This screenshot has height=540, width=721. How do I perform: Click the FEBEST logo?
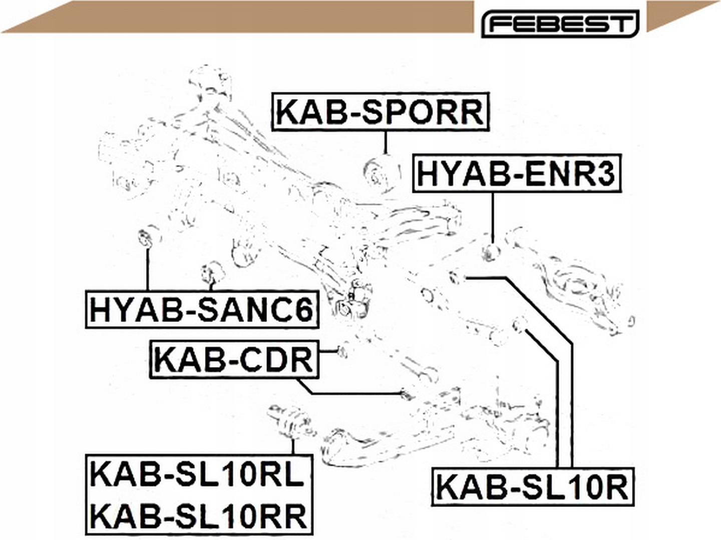[560, 23]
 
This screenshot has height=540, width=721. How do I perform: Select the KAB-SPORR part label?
[381, 112]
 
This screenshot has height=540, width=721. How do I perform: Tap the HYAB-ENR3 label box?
[517, 173]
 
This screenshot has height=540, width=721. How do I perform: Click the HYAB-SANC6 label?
[202, 309]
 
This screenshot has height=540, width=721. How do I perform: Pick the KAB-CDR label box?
[234, 359]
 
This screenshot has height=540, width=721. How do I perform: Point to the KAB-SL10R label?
[533, 487]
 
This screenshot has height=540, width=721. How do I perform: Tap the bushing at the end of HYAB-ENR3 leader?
[491, 252]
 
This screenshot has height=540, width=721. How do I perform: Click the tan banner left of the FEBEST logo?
[237, 17]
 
